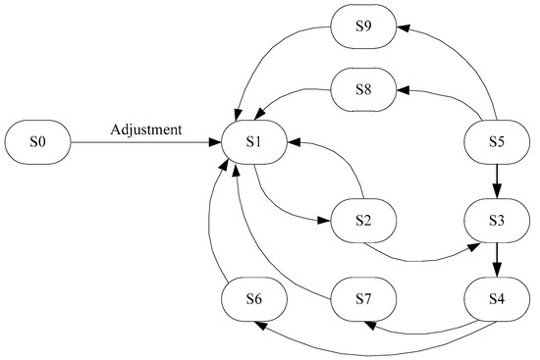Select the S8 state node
(x=362, y=87)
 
